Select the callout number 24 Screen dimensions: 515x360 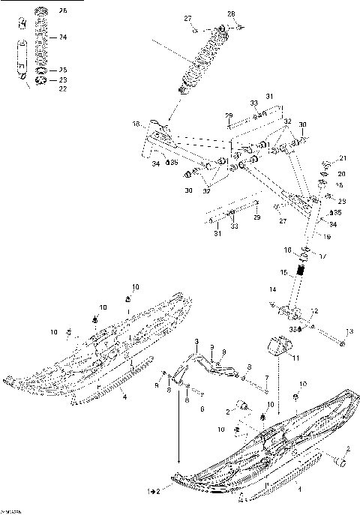(x=63, y=37)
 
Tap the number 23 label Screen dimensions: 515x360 (x=63, y=79)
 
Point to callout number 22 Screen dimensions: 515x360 (x=63, y=89)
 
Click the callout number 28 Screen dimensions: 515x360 (x=231, y=13)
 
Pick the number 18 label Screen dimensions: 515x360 (x=136, y=124)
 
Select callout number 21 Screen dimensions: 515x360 (x=343, y=158)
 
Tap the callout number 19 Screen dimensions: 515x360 (x=327, y=236)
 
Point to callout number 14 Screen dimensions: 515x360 (x=273, y=289)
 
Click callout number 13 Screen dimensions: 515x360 (x=348, y=331)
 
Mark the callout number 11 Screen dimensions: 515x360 (x=295, y=358)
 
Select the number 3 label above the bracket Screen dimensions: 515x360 (x=196, y=341)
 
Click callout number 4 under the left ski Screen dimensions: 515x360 (x=124, y=396)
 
